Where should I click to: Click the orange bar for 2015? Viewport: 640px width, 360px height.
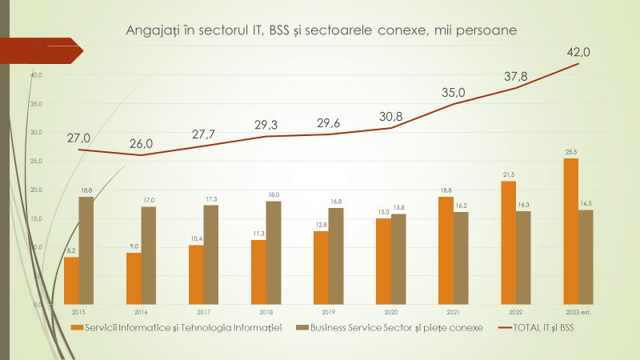[x=71, y=281]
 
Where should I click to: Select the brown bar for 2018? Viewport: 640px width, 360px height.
[x=274, y=253]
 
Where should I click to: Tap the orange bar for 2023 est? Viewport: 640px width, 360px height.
[x=570, y=231]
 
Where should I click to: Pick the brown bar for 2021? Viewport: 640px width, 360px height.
[x=461, y=258]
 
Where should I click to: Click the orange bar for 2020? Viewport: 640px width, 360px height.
[x=384, y=262]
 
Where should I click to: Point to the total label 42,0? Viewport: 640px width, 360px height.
[x=578, y=52]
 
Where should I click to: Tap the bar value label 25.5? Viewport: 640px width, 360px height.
[x=570, y=152]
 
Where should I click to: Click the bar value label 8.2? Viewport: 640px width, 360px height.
[x=71, y=250]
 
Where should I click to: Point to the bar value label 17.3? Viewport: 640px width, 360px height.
[x=211, y=198]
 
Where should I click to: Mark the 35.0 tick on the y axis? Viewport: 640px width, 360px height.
[x=36, y=104]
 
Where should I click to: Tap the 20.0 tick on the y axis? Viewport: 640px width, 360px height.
[x=36, y=190]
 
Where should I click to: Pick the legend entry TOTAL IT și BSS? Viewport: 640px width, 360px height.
[x=538, y=328]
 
